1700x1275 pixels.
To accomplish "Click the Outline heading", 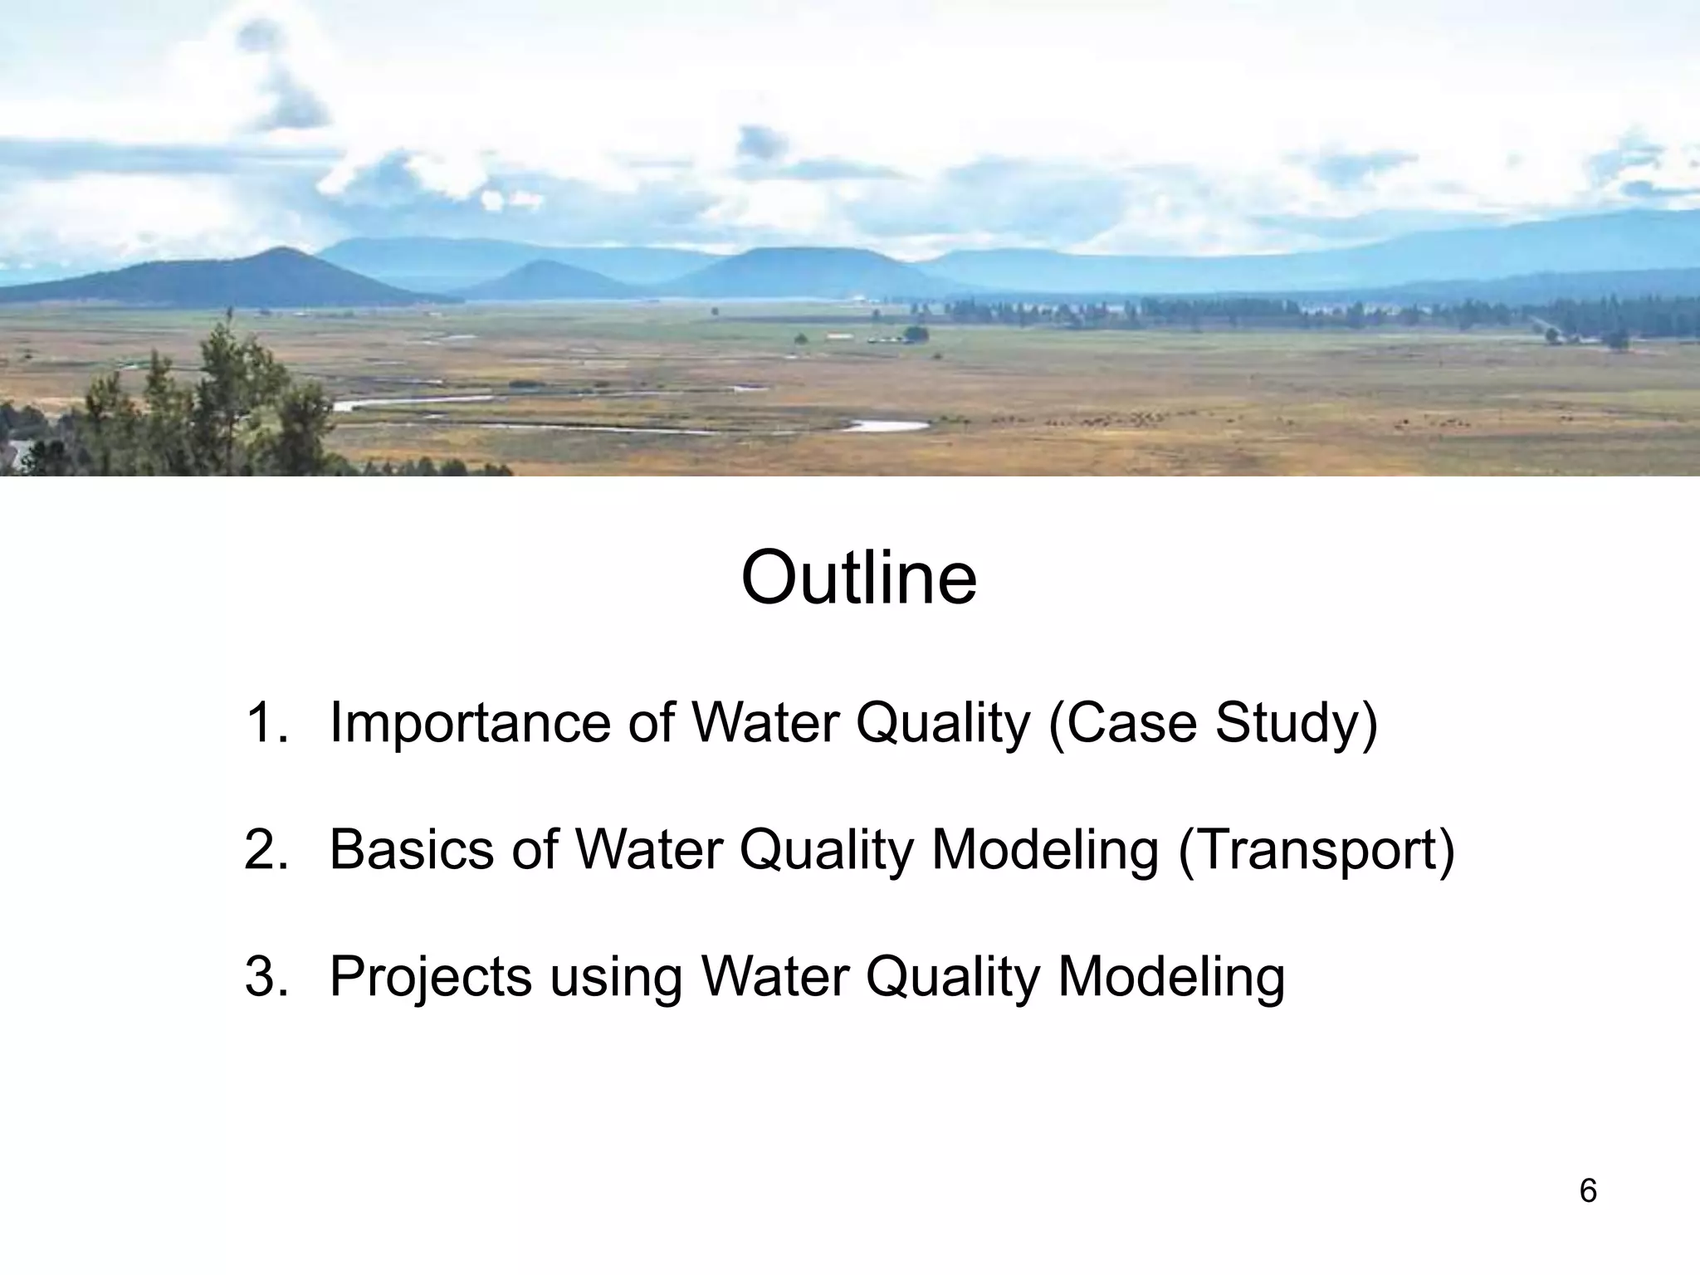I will coord(858,578).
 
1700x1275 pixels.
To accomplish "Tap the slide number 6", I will coord(1587,1191).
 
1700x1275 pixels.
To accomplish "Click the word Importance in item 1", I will coord(470,722).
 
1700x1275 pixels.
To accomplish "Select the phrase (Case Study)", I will coord(1213,724).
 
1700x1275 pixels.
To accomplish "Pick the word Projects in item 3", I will coord(431,977).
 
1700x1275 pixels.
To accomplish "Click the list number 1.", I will coord(266,722).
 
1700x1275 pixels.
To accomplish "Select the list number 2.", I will coord(266,849).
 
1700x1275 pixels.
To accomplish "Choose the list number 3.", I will coord(266,976).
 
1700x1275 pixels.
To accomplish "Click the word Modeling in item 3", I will coord(1171,977).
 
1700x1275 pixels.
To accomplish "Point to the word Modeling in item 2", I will coord(1045,850).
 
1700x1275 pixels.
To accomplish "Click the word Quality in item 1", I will coord(942,724).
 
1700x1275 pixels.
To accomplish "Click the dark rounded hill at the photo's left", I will coord(249,278).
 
